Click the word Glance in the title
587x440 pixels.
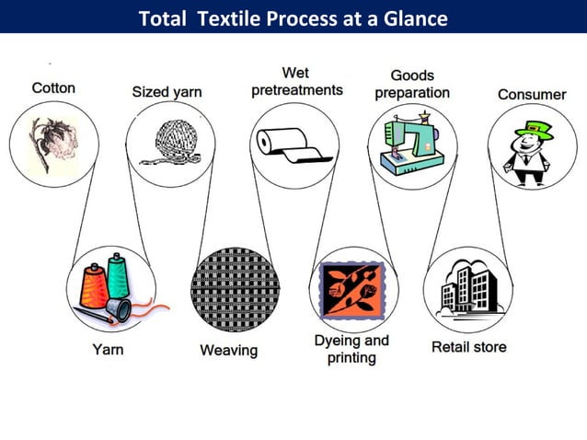point(415,17)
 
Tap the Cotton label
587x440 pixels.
point(53,88)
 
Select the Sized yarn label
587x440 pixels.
point(167,92)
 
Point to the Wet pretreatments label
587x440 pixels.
point(297,81)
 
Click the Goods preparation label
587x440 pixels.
point(412,84)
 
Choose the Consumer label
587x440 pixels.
point(532,95)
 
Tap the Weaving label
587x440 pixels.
point(229,351)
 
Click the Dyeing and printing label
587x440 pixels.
point(351,349)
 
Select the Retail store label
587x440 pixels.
point(468,347)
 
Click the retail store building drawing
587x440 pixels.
point(469,287)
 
